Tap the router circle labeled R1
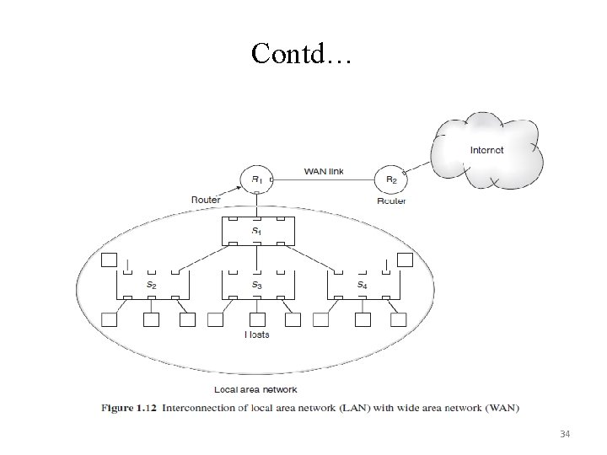click(x=256, y=179)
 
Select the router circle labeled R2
click(x=391, y=179)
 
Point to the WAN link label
click(x=324, y=172)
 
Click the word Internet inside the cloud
click(x=486, y=150)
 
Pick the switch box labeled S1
click(x=256, y=231)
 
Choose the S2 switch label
click(x=152, y=286)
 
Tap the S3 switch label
click(x=256, y=286)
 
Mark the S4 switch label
click(x=362, y=286)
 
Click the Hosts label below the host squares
click(x=257, y=335)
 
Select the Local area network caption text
click(x=255, y=389)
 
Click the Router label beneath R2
click(x=392, y=201)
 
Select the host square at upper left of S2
click(x=109, y=260)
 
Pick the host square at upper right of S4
click(x=405, y=260)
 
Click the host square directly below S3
click(x=257, y=319)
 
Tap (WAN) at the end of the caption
click(x=503, y=409)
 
